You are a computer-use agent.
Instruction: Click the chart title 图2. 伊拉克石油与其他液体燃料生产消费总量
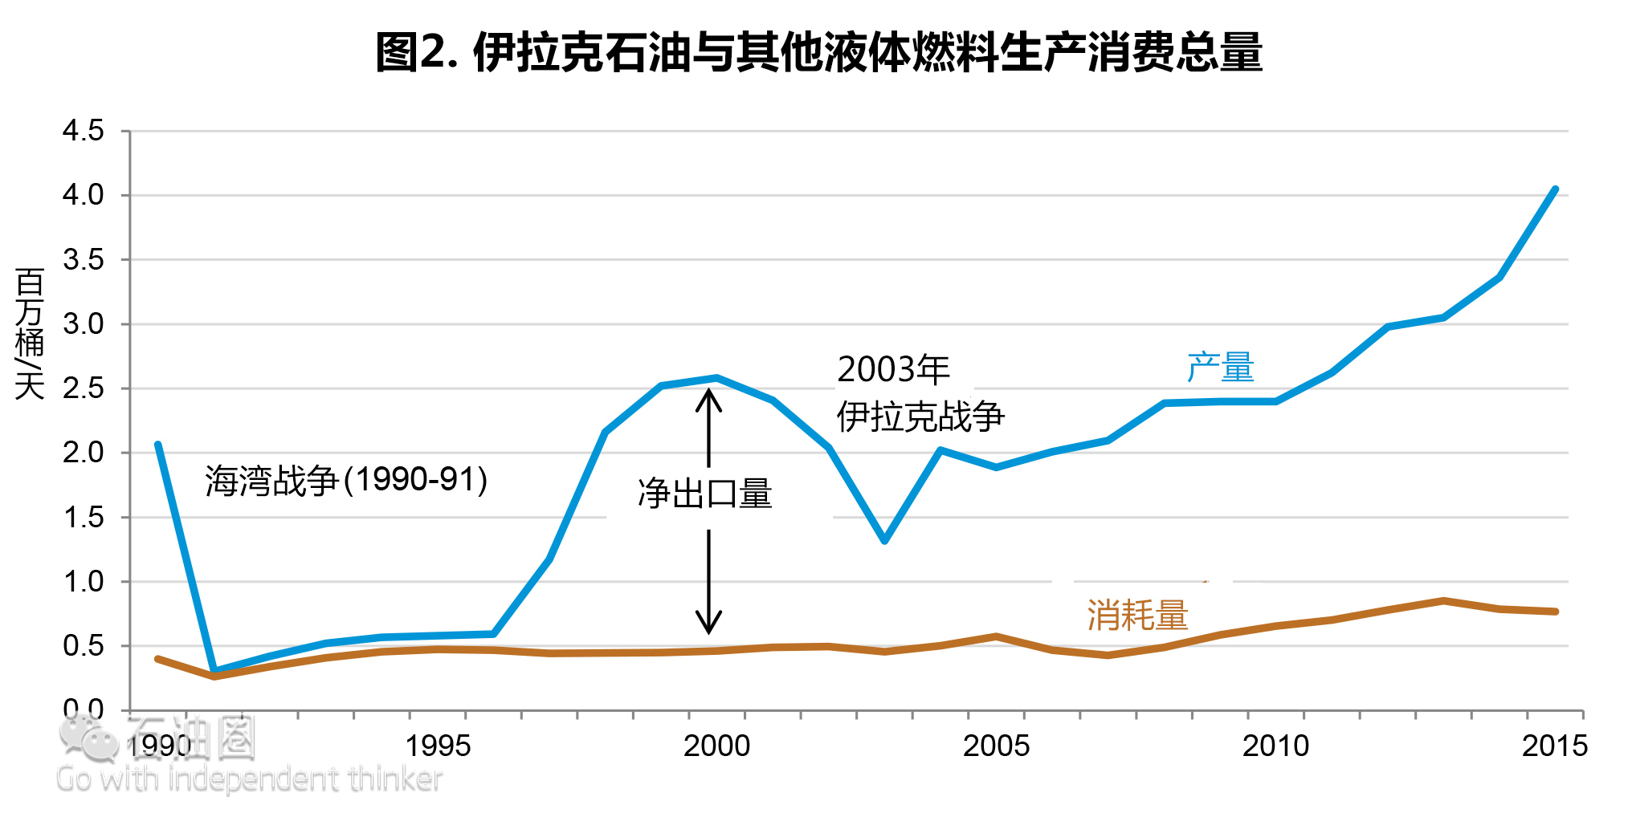(818, 53)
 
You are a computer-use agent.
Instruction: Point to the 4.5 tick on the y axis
(84, 130)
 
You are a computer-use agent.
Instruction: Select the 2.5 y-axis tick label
(84, 388)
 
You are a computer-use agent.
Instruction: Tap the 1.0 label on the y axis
(84, 582)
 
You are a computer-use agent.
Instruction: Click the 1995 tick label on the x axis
(437, 746)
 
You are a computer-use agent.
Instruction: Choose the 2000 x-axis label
(716, 746)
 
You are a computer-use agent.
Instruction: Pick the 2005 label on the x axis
(996, 746)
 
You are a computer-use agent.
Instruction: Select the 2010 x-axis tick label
(1275, 746)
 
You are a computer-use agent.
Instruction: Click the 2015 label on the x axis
(1555, 746)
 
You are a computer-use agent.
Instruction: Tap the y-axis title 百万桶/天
(30, 334)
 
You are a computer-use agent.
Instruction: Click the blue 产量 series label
(1220, 368)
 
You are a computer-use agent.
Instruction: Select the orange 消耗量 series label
(1137, 616)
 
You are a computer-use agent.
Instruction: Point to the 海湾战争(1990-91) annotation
(346, 481)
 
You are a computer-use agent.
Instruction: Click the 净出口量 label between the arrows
(704, 494)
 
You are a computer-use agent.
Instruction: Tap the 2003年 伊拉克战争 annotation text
(920, 393)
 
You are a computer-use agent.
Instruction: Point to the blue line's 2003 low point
(884, 540)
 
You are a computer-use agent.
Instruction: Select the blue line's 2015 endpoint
(1555, 190)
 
